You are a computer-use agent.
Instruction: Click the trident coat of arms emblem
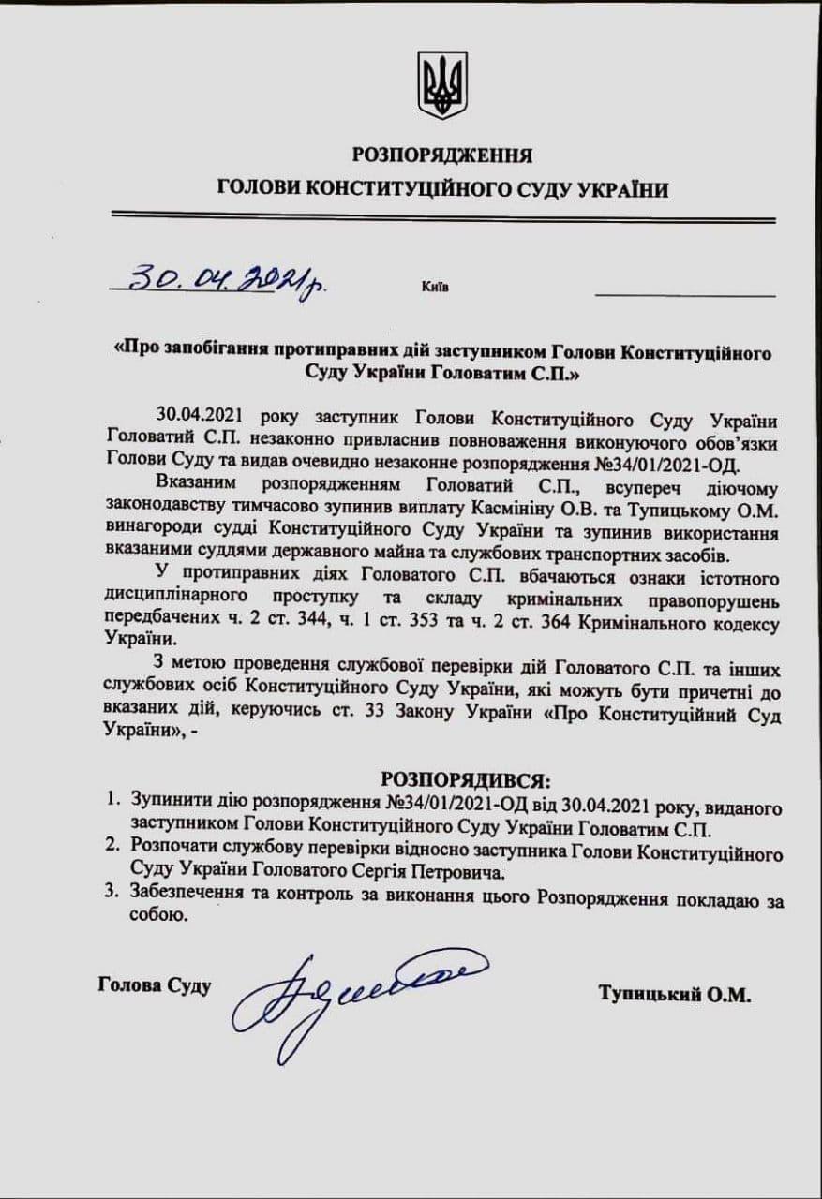pyautogui.click(x=442, y=85)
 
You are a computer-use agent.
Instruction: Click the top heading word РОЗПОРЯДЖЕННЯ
pyautogui.click(x=442, y=155)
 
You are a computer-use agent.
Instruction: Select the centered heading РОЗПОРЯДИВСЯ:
pyautogui.click(x=465, y=779)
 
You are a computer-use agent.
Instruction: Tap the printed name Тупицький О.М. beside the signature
pyautogui.click(x=675, y=994)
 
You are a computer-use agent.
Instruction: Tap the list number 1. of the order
pyautogui.click(x=112, y=803)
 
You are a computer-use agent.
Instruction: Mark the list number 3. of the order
pyautogui.click(x=112, y=895)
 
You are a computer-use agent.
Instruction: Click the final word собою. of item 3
pyautogui.click(x=155, y=918)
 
